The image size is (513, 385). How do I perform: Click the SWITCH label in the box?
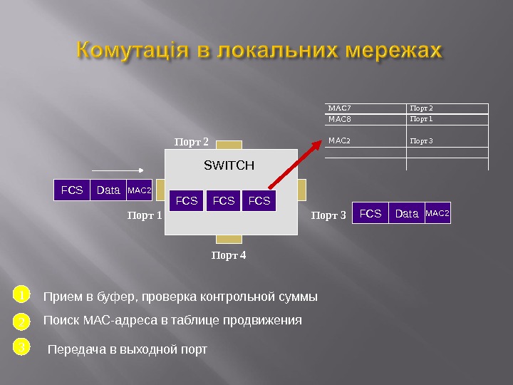tap(229, 166)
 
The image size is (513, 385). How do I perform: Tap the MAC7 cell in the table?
tap(339, 108)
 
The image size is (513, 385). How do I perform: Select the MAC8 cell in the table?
tap(339, 119)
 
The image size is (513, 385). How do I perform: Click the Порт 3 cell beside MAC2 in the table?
tap(423, 141)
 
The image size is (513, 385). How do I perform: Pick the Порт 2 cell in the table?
tap(423, 108)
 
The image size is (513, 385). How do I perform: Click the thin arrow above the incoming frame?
tap(119, 170)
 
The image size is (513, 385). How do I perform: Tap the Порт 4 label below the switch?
tap(229, 255)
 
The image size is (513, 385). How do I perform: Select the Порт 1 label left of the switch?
tap(145, 214)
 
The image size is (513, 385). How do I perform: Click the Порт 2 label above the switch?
tap(192, 143)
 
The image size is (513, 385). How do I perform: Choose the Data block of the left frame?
tap(108, 191)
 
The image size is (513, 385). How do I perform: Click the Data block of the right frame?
tap(406, 213)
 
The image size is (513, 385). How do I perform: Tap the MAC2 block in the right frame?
tap(437, 213)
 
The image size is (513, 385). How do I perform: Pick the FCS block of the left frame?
tap(72, 191)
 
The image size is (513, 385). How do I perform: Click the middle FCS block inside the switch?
tap(223, 201)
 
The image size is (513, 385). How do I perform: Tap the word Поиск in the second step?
tap(62, 321)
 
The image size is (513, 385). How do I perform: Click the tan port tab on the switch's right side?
tap(302, 190)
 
